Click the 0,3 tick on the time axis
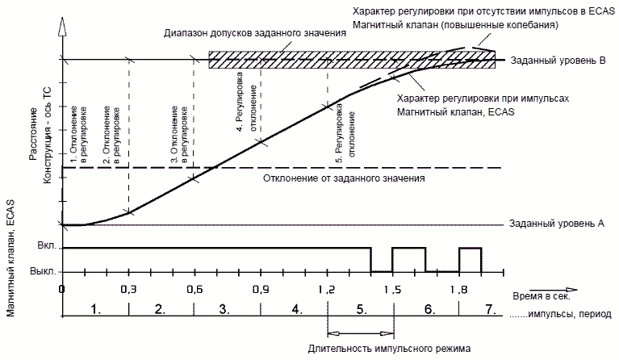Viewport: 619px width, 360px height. pos(128,289)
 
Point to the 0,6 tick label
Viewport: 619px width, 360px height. pos(194,289)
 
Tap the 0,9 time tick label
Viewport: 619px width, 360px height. pos(260,289)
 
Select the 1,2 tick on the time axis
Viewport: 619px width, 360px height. pos(327,289)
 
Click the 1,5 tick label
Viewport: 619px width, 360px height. pos(393,289)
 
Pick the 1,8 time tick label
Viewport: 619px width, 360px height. pos(458,289)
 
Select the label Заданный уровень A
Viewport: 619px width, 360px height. pos(557,224)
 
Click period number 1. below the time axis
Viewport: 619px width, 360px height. pos(95,308)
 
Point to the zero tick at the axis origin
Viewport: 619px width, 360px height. pos(62,289)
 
